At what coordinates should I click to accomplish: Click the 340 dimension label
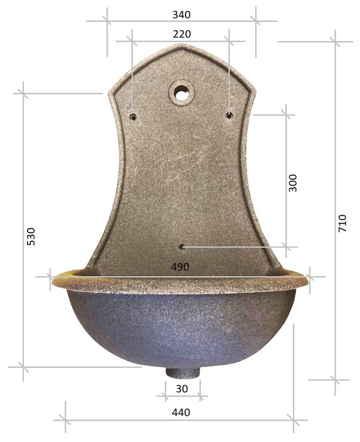181,15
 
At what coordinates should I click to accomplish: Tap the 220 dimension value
182,34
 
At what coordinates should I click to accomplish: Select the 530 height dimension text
31,236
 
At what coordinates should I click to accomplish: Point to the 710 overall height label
342,223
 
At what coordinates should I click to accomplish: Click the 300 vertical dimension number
293,183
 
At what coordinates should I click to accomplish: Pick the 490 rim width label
180,267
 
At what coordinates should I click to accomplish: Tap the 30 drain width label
182,389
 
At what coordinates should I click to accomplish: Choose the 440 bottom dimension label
181,412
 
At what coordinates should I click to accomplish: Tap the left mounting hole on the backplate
133,116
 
